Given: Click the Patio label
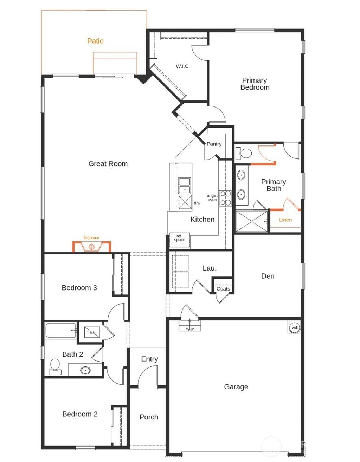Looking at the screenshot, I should coord(95,41).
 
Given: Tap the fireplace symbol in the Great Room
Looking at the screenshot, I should coord(92,247).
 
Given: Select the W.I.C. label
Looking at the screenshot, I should coord(183,66).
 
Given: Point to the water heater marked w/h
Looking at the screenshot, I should coord(295,327).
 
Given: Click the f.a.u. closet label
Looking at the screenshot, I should coord(91,332).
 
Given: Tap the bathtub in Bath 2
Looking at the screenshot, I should coord(60,331).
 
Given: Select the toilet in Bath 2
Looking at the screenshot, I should coord(55,366).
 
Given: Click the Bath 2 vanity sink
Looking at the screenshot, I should coord(85,370).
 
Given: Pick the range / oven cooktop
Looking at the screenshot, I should coord(225,198).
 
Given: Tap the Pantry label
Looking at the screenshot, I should coord(214,144).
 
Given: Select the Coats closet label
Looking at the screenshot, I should coord(223,289).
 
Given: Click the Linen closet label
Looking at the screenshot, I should coord(285,220).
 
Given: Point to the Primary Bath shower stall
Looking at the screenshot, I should coord(251,221).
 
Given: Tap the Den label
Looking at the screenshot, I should coord(268,276).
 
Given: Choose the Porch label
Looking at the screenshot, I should coord(149,417).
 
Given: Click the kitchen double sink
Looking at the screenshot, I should coord(185,186).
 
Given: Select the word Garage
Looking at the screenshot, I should coord(236,387).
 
